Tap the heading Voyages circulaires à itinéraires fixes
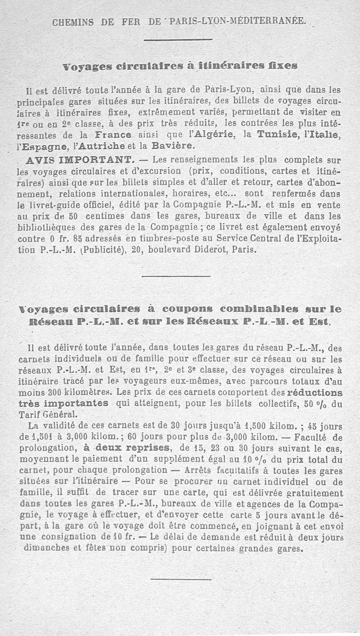[x=180, y=66]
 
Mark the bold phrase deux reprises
[x=127, y=448]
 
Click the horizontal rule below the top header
[x=178, y=40]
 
